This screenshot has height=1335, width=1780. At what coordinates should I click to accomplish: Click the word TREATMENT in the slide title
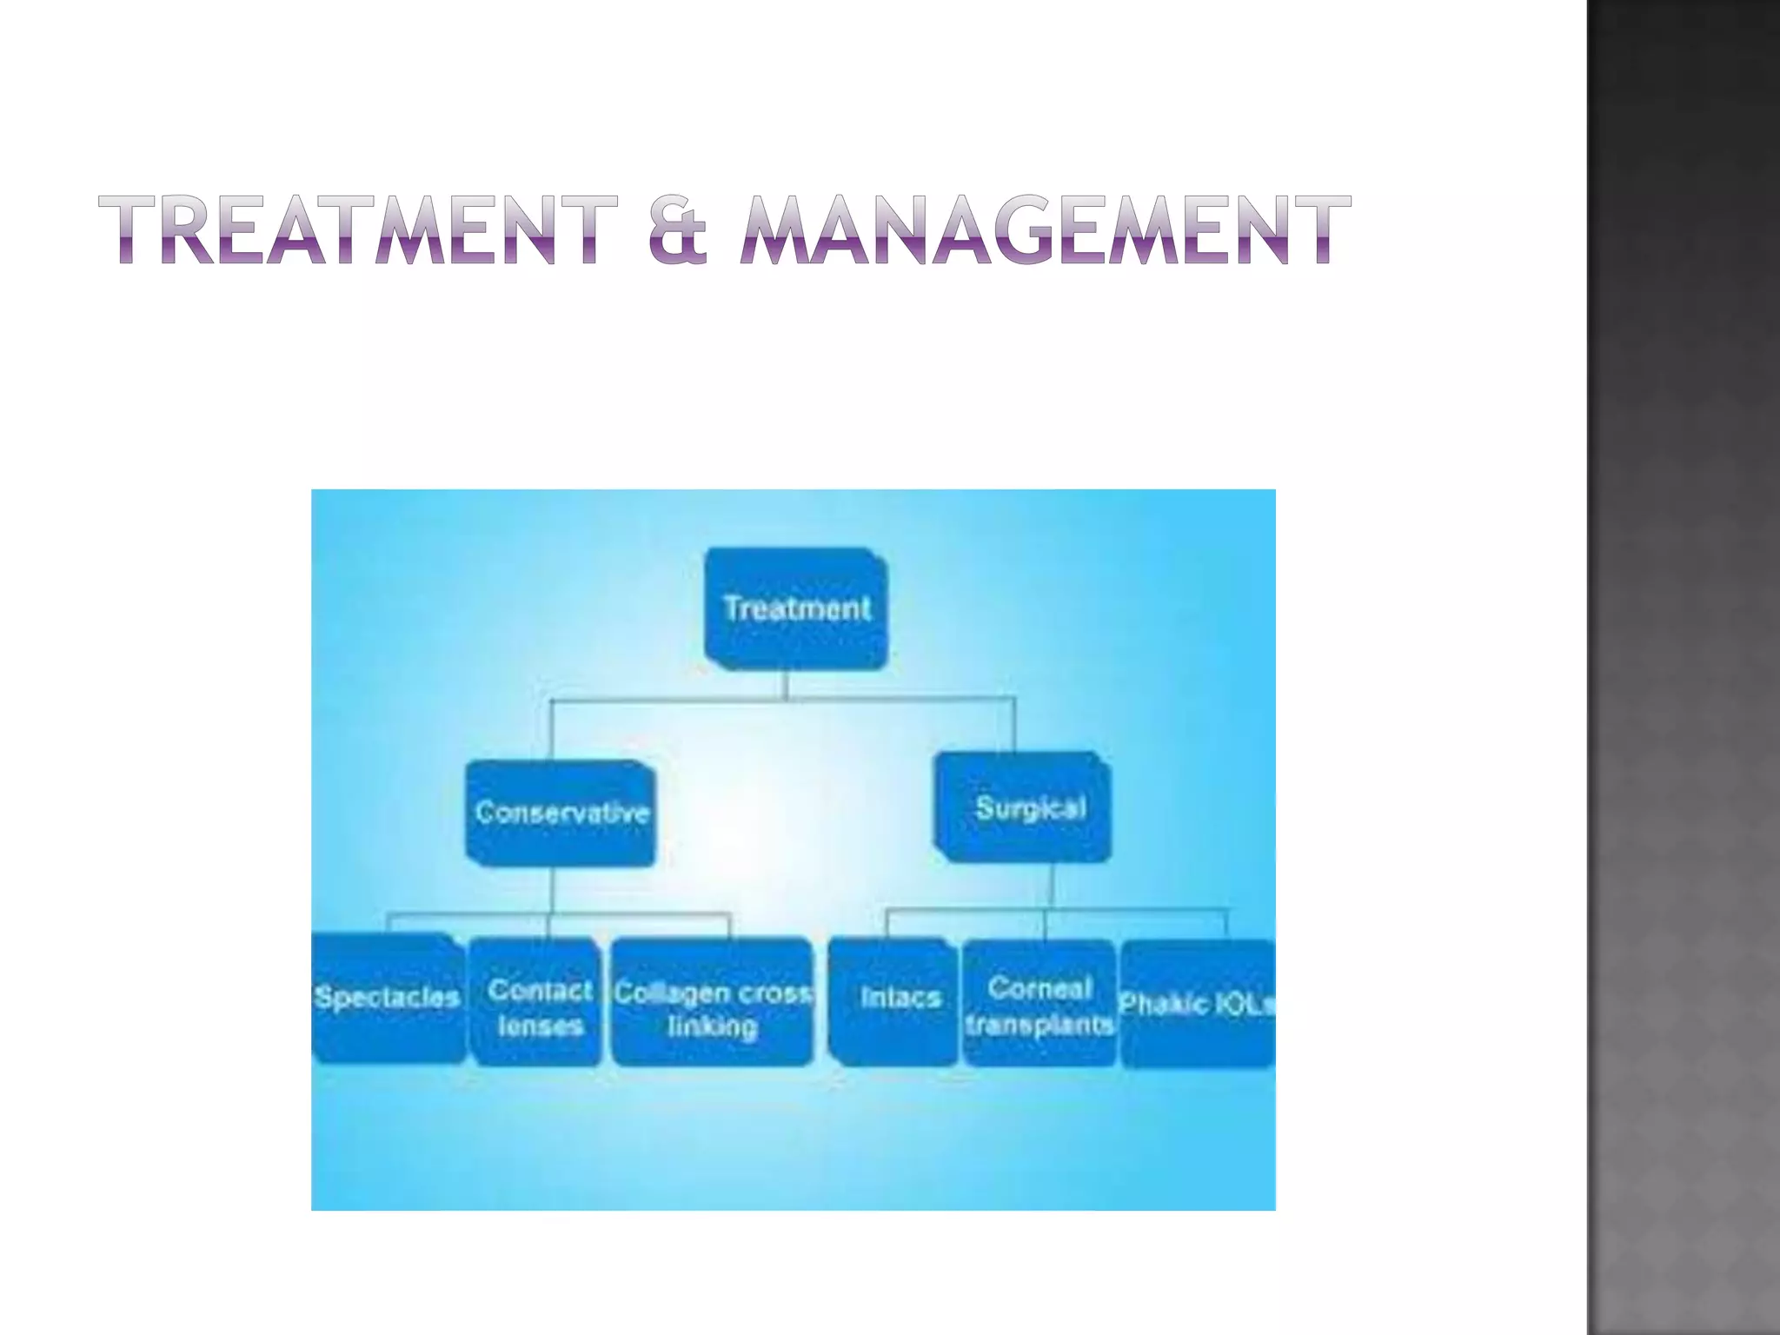[357, 229]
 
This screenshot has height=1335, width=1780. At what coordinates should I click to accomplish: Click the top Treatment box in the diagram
[796, 608]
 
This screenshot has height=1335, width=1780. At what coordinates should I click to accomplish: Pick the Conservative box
[561, 813]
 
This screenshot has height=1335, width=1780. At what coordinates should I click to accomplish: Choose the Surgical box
[1026, 808]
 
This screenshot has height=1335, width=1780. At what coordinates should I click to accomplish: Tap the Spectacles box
[388, 998]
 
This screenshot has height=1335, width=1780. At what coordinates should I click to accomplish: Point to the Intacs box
[895, 1000]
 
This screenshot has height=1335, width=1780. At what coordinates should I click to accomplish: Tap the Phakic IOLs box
[1198, 1004]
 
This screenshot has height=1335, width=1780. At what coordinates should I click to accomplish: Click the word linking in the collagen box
[713, 1026]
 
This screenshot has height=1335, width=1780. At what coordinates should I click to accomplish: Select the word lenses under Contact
[540, 1026]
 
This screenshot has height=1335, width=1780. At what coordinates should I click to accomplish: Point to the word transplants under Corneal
[1039, 1025]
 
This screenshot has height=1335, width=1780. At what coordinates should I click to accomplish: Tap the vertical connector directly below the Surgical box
[1052, 887]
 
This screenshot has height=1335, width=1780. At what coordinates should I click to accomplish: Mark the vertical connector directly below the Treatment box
[787, 685]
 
